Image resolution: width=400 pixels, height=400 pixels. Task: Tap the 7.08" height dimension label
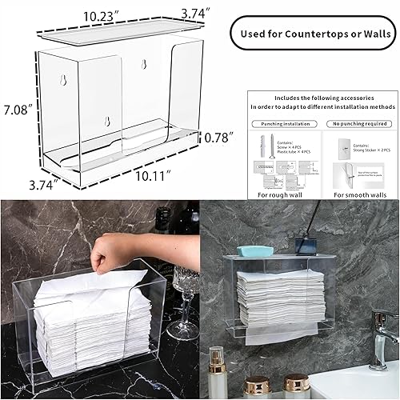[18, 109]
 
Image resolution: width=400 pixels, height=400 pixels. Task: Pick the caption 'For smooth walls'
[359, 194]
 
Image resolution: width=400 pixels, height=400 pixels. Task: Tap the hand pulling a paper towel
[109, 254]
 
